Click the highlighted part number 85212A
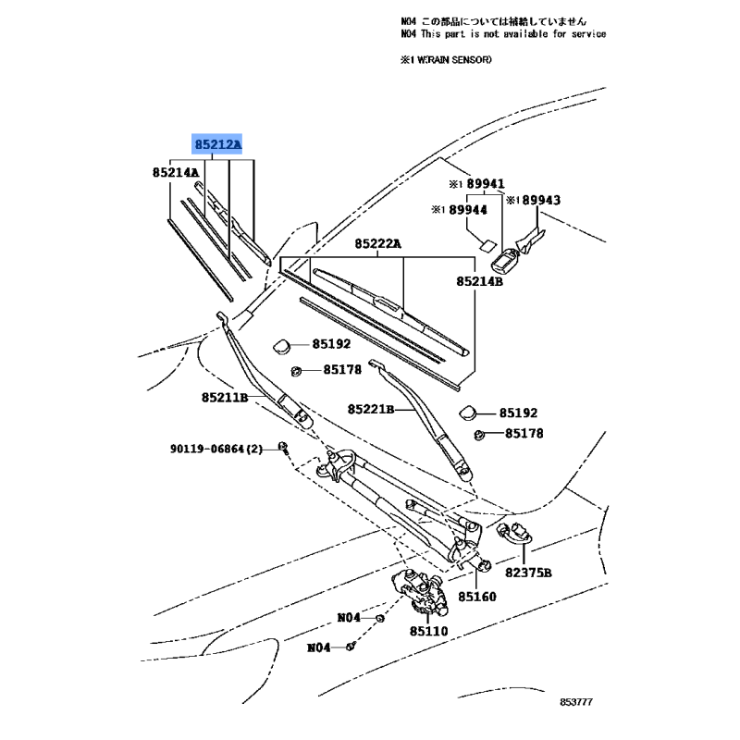218,144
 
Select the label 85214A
176,173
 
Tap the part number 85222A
377,243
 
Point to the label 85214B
479,281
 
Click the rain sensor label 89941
486,183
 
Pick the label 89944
468,210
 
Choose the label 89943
541,200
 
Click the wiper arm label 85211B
225,398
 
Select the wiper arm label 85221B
371,409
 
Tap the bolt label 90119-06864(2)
216,449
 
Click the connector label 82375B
528,573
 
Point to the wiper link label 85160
477,597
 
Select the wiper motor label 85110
428,631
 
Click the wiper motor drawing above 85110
420,592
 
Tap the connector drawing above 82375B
514,533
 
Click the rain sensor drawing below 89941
505,260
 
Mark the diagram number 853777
576,702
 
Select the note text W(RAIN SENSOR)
454,60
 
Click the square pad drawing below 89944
488,244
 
